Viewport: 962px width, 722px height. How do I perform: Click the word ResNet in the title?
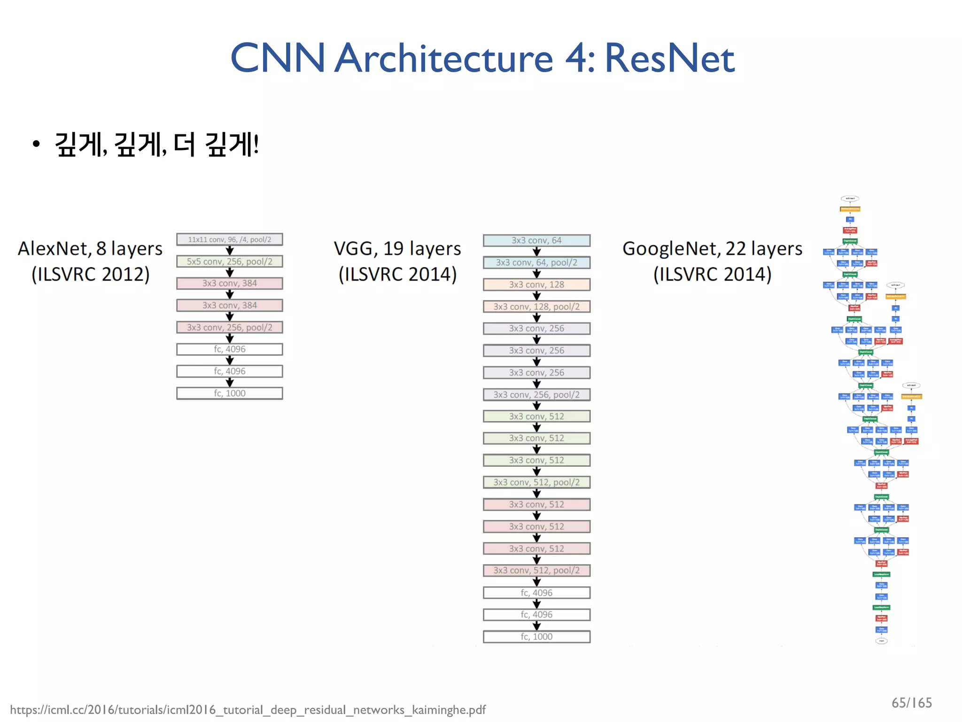pyautogui.click(x=669, y=58)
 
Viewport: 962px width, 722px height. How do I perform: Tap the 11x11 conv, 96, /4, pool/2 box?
pyautogui.click(x=229, y=239)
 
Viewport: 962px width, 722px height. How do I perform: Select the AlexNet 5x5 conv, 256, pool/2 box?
pyautogui.click(x=229, y=261)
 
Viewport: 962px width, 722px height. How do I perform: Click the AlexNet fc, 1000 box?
pyautogui.click(x=229, y=393)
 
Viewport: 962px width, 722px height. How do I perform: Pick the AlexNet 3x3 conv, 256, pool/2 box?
pyautogui.click(x=229, y=327)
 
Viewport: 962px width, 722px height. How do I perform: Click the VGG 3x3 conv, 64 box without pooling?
pyautogui.click(x=536, y=240)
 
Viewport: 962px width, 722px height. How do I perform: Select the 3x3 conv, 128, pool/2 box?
pyautogui.click(x=536, y=306)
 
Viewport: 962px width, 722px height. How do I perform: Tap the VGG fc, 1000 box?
pyautogui.click(x=536, y=636)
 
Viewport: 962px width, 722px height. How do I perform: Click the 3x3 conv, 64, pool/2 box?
pyautogui.click(x=536, y=262)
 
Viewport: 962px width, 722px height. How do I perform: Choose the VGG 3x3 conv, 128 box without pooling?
pyautogui.click(x=536, y=284)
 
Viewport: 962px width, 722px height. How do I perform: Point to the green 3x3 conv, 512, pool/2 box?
pyautogui.click(x=536, y=482)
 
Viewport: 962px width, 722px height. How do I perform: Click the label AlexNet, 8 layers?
pyautogui.click(x=90, y=248)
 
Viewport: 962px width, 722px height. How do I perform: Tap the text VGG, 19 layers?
pyautogui.click(x=397, y=248)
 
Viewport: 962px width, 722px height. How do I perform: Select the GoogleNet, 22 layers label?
pyautogui.click(x=712, y=248)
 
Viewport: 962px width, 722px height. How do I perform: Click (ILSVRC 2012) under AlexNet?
pyautogui.click(x=90, y=274)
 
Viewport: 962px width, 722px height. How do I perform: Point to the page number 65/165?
pyautogui.click(x=911, y=703)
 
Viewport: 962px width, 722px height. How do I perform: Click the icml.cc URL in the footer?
pyautogui.click(x=248, y=709)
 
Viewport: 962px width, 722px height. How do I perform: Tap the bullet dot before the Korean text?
pyautogui.click(x=36, y=144)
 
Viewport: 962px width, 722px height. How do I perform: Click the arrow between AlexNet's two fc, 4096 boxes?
pyautogui.click(x=229, y=360)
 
